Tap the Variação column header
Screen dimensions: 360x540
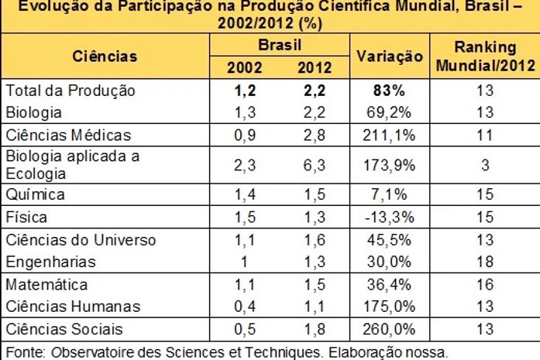tap(389, 57)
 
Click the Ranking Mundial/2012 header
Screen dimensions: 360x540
tap(484, 56)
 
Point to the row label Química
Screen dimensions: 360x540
tap(36, 194)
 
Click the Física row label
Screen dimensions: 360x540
tap(27, 216)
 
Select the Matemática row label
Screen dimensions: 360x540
tap(46, 285)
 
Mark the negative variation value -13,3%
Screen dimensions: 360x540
tap(389, 217)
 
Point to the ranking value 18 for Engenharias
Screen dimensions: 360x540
tap(484, 262)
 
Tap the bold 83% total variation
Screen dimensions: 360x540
tap(389, 91)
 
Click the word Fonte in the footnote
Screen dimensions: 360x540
tap(22, 351)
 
